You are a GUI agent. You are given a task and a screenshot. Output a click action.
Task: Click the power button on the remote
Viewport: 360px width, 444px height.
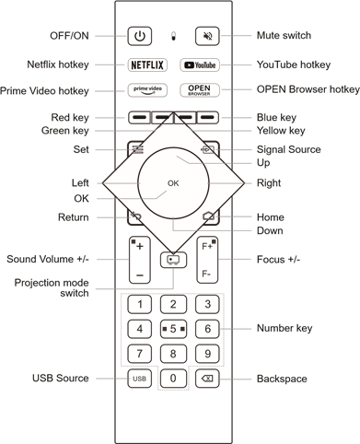[x=140, y=36]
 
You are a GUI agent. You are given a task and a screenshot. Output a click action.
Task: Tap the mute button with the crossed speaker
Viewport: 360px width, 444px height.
[x=207, y=36]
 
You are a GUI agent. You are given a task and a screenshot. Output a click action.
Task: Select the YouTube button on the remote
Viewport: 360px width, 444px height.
[x=200, y=65]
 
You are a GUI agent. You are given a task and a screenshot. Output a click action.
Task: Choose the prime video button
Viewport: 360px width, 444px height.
[x=147, y=90]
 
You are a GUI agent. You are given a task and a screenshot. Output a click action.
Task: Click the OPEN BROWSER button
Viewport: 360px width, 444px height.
[x=200, y=90]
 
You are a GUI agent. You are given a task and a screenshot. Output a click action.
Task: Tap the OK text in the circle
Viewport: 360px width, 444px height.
[x=173, y=183]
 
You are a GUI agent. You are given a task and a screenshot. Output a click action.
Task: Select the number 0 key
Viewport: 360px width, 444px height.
[x=173, y=378]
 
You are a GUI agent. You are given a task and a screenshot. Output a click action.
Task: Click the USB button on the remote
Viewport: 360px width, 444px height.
[x=139, y=379]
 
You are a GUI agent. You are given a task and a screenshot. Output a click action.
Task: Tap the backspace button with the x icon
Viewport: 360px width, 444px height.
[x=207, y=379]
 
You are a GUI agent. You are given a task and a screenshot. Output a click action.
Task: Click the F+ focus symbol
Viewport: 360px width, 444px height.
[x=207, y=246]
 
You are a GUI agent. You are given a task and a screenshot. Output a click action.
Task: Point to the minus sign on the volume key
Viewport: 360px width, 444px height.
[x=140, y=275]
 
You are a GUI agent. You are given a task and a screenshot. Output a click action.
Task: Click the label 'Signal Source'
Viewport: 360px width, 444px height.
[x=289, y=149]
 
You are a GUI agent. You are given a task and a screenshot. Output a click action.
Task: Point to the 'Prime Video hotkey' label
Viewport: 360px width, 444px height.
[x=44, y=91]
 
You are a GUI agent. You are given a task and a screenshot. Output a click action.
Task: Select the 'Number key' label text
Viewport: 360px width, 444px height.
[x=285, y=328]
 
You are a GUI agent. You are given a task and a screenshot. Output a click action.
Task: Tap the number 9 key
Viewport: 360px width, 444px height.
[x=207, y=354]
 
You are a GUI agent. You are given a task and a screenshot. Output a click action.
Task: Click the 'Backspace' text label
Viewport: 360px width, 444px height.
[x=282, y=379]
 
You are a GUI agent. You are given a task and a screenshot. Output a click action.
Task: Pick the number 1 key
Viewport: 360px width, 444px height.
[x=140, y=304]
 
